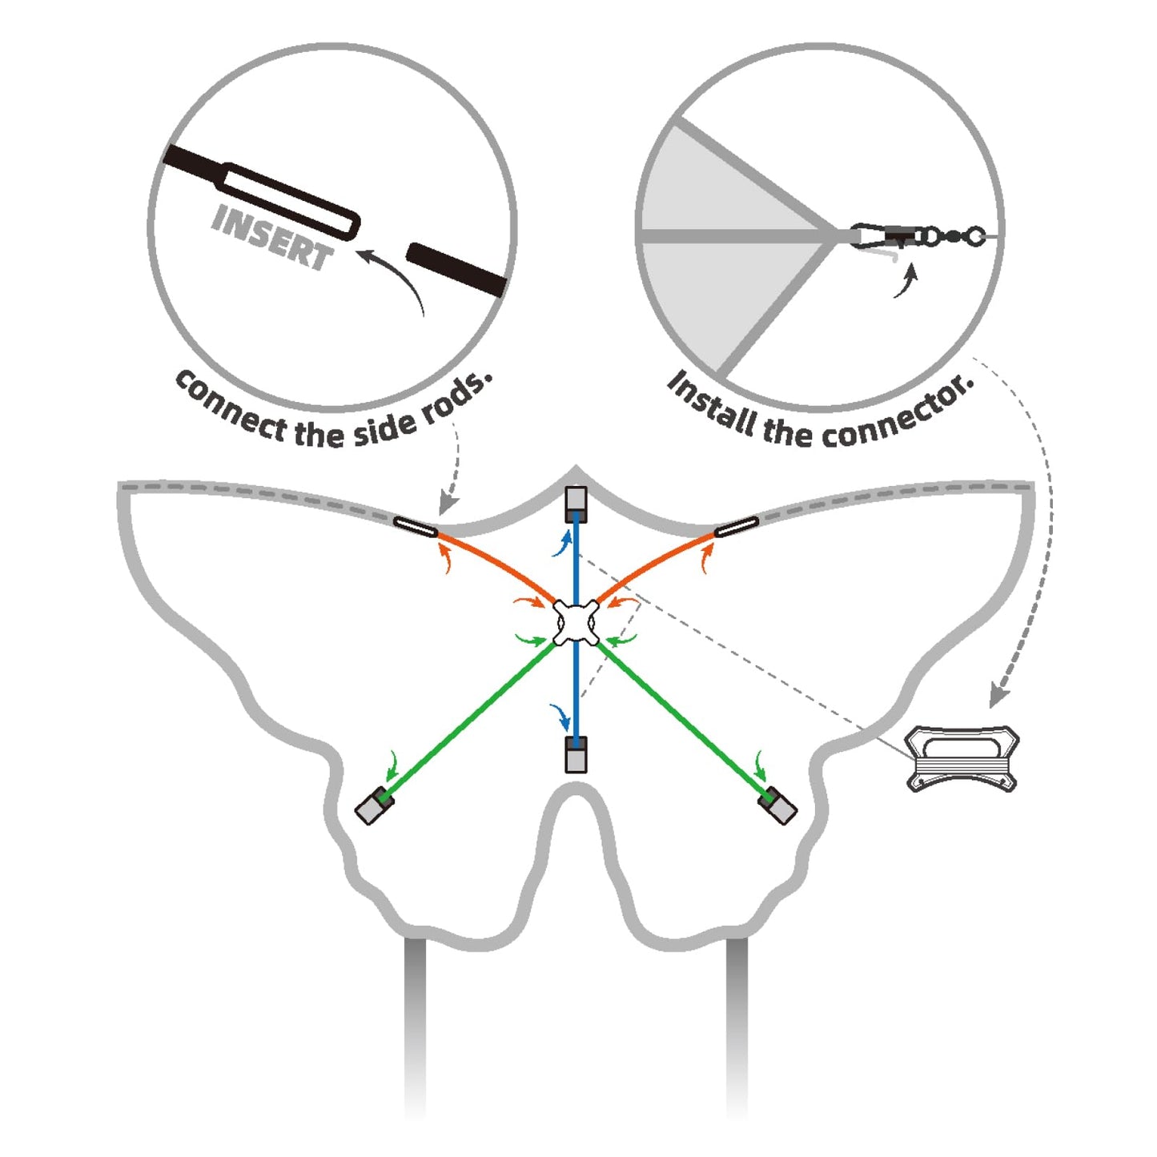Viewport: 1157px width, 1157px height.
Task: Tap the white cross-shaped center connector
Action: pyautogui.click(x=576, y=623)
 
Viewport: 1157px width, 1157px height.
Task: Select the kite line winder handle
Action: pyautogui.click(x=962, y=757)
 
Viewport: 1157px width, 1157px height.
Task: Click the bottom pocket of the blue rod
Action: pyautogui.click(x=576, y=754)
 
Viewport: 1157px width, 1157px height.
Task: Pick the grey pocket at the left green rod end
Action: pyautogui.click(x=373, y=805)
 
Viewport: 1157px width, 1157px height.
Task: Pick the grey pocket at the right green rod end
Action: pyautogui.click(x=779, y=805)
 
